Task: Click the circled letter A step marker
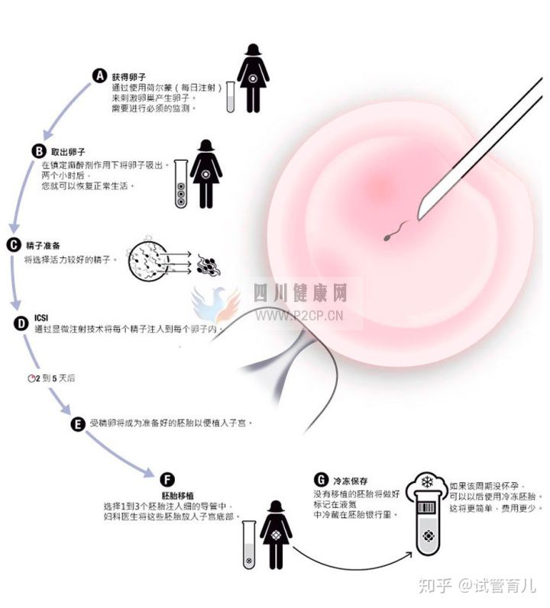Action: pyautogui.click(x=100, y=76)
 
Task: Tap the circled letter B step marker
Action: pyautogui.click(x=39, y=150)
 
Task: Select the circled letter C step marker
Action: pyautogui.click(x=14, y=245)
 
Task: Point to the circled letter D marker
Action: pyautogui.click(x=21, y=323)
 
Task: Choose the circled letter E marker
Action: pyautogui.click(x=78, y=424)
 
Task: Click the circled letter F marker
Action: pyautogui.click(x=167, y=480)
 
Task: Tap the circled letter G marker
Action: pyautogui.click(x=321, y=480)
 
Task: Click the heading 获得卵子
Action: pyautogui.click(x=129, y=77)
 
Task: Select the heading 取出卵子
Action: pyautogui.click(x=68, y=152)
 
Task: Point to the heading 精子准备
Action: pyautogui.click(x=43, y=246)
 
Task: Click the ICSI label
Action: pyautogui.click(x=41, y=318)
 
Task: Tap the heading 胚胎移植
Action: pyautogui.click(x=177, y=496)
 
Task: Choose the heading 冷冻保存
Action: pyautogui.click(x=351, y=481)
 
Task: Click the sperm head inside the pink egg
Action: pyautogui.click(x=387, y=238)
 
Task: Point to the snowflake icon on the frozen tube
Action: pyautogui.click(x=427, y=482)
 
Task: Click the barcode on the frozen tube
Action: pyautogui.click(x=427, y=507)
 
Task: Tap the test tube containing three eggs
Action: pyautogui.click(x=181, y=184)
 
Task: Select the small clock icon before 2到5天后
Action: pyautogui.click(x=31, y=378)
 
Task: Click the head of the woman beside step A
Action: pyautogui.click(x=253, y=50)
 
